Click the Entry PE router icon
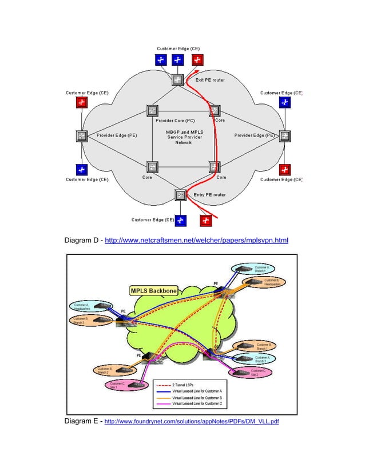(181, 195)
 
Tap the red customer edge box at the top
(198, 60)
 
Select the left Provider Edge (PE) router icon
(82, 136)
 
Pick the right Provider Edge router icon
(285, 136)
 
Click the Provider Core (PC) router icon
(153, 110)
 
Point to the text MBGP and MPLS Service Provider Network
(184, 137)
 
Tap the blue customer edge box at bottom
(181, 219)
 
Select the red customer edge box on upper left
(82, 102)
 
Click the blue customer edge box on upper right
(284, 102)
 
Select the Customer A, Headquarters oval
(90, 307)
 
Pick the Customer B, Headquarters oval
(263, 282)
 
